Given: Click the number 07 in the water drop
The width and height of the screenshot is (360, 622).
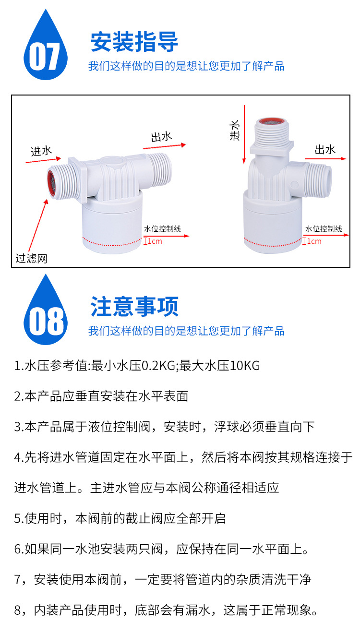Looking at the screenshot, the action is [x=45, y=57].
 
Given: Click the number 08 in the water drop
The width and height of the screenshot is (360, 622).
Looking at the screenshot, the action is [x=46, y=321].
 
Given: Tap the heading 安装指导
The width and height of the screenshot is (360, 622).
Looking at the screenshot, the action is [x=134, y=42].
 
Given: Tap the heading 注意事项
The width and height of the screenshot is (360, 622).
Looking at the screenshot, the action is [x=134, y=306].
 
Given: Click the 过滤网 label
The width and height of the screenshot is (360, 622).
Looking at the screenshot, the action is [x=31, y=258].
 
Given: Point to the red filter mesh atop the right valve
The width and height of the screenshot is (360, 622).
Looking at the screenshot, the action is [x=272, y=121].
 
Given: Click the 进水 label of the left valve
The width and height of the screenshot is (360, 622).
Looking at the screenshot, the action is [x=41, y=151].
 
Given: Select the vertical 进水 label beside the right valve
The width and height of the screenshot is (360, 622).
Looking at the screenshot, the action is [x=234, y=130].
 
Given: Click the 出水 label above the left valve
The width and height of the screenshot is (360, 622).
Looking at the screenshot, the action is [x=161, y=137].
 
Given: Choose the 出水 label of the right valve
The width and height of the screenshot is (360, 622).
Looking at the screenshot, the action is [x=325, y=150].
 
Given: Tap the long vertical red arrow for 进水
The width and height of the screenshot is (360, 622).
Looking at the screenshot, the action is [x=244, y=134].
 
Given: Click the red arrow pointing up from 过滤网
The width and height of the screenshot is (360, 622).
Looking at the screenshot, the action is [x=38, y=225].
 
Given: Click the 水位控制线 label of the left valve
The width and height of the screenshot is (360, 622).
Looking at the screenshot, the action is [x=162, y=229].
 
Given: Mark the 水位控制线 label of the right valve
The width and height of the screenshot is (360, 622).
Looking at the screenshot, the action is [x=324, y=229].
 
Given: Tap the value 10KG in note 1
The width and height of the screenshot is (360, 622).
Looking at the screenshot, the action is [x=245, y=365].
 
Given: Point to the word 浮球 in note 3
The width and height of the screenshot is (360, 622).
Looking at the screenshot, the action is [x=227, y=427].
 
